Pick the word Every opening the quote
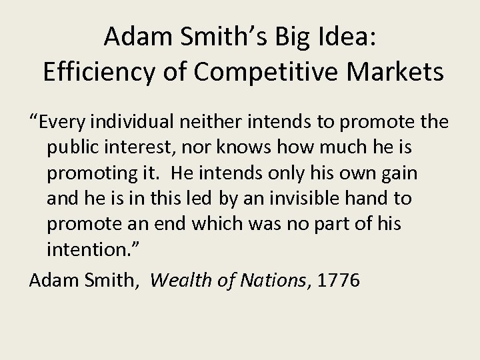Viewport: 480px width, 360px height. pos(63,122)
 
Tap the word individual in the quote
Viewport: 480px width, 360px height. pos(150,122)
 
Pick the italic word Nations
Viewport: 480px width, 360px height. pos(275,281)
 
